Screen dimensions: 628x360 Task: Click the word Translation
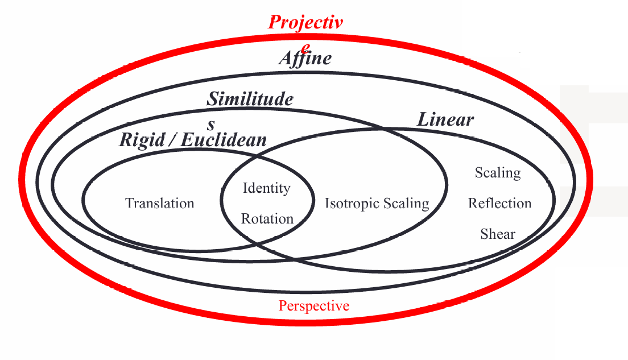160,203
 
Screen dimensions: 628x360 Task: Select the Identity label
266,188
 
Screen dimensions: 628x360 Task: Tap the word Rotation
267,218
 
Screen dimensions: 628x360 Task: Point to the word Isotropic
351,203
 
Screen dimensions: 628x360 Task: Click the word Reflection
499,203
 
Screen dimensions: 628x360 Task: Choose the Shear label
498,234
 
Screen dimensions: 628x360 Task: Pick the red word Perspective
314,306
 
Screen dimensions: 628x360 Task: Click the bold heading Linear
445,119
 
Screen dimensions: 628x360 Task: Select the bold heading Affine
305,59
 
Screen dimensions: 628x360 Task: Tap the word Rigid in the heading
142,140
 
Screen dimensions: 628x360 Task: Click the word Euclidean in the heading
224,140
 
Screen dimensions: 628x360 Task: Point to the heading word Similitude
250,100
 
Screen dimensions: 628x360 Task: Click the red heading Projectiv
305,23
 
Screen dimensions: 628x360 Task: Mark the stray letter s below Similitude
211,124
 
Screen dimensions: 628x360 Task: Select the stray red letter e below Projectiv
306,46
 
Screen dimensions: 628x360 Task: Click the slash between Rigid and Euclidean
172,140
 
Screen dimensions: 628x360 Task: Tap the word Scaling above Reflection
498,172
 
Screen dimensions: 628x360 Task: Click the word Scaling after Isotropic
406,203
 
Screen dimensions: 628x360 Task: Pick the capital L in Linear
424,119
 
